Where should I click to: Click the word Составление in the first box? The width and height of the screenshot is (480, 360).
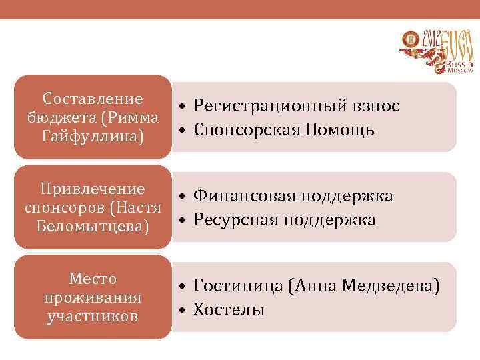(x=93, y=99)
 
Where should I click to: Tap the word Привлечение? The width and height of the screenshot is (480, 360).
(x=93, y=189)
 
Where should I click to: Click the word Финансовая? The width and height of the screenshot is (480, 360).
(x=243, y=196)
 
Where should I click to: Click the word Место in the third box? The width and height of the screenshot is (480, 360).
(x=93, y=279)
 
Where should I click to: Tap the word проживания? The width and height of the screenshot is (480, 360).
(x=93, y=297)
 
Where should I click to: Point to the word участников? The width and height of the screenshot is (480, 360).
(x=93, y=315)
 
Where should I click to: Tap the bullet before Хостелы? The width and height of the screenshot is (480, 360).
(x=181, y=310)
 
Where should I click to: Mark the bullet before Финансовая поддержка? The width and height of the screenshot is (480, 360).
(x=181, y=197)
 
